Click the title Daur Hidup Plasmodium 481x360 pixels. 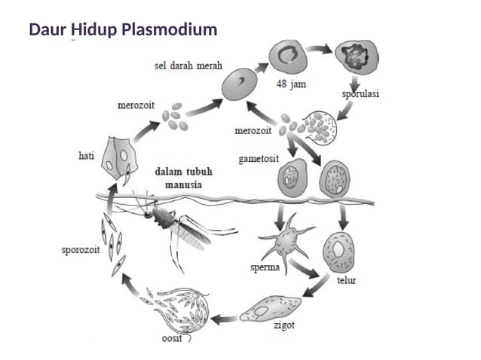123,31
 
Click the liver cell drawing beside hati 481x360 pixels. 118,157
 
